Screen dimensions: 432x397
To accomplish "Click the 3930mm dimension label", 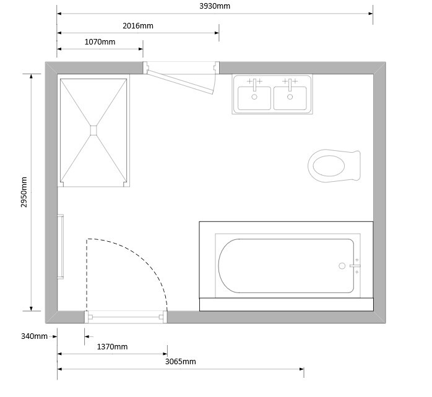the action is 215,6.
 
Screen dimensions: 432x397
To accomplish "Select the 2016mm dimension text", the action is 138,26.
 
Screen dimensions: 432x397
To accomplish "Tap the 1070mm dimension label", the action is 100,42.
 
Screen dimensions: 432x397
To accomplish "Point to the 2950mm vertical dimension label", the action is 24,192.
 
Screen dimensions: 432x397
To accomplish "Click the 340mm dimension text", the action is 34,336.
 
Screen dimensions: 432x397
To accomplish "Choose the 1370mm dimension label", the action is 112,347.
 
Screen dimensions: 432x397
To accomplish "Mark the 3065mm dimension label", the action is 181,362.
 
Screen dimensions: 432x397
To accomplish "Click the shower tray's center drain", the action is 93,130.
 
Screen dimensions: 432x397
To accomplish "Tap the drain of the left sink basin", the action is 254,97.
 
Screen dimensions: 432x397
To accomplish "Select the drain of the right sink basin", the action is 290,97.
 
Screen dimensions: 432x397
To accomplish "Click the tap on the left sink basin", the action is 254,85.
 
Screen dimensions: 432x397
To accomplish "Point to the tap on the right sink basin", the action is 290,85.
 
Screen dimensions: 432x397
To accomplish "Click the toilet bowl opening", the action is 329,166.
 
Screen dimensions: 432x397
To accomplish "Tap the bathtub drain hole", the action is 342,266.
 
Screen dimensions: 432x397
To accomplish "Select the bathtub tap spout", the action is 355,266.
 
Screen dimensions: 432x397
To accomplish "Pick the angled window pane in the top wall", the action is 181,82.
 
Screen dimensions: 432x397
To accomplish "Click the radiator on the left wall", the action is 60,247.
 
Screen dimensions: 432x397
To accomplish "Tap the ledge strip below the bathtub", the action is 287,304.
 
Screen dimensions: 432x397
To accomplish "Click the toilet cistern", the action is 356,166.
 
